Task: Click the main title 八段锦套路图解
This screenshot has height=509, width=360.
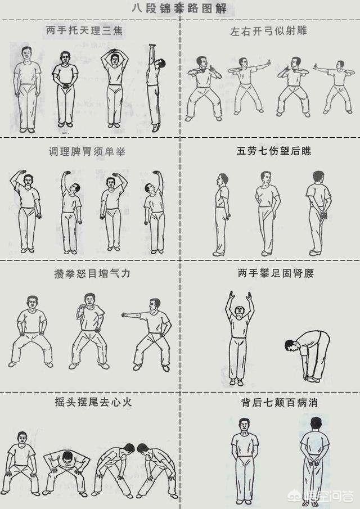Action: (179, 8)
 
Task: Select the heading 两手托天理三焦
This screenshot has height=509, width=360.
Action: (84, 30)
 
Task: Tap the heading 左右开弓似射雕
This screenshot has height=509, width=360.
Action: (268, 31)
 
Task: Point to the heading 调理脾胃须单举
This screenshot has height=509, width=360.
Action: (87, 152)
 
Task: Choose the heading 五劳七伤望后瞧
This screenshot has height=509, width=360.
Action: (274, 151)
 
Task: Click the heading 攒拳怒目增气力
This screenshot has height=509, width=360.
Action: (92, 273)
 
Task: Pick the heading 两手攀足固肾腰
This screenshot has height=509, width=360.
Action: (276, 273)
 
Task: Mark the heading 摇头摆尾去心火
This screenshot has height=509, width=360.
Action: (93, 402)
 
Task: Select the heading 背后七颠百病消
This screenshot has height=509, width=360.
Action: (280, 403)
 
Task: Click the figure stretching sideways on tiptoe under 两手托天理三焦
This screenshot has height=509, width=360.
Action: (155, 88)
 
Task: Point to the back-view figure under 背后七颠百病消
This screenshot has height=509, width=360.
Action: (314, 461)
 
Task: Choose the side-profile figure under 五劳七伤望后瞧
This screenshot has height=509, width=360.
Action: (222, 214)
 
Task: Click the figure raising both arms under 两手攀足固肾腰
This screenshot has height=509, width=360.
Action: (239, 338)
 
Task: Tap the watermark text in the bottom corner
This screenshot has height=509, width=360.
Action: (328, 497)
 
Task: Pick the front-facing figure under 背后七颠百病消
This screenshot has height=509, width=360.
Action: (245, 461)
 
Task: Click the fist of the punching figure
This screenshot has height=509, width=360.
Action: (124, 314)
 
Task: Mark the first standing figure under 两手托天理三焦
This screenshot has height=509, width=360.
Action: (27, 89)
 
